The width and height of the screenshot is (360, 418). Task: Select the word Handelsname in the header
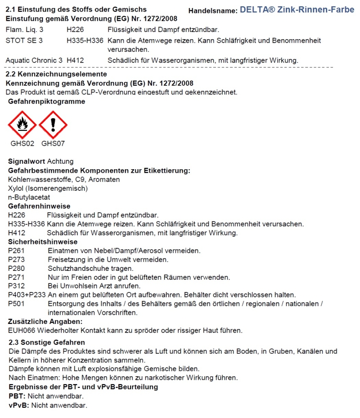click(212, 10)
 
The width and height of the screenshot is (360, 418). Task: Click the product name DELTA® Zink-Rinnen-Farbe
click(297, 9)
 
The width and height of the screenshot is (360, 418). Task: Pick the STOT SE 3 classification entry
click(24, 40)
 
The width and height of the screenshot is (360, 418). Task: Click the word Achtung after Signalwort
click(60, 161)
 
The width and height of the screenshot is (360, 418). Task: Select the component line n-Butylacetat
click(29, 197)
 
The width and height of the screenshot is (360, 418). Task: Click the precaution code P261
click(17, 251)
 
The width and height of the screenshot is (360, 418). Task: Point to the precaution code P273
click(17, 260)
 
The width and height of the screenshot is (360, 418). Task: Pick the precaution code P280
click(17, 268)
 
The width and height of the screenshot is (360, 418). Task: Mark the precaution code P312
click(17, 286)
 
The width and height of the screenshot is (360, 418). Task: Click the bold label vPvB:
click(18, 405)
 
